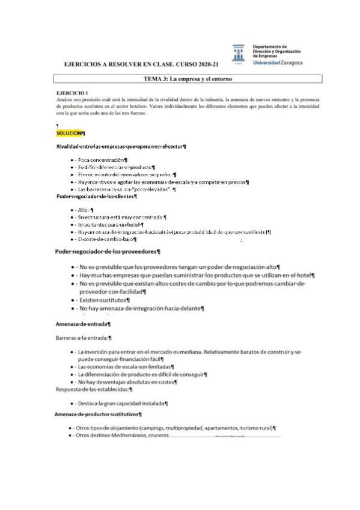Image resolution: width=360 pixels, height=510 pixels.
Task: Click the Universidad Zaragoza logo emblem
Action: (x=239, y=52)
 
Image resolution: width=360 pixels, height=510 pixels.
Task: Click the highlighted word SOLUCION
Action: (x=69, y=132)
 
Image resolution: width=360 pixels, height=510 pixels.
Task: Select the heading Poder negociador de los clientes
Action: (x=96, y=195)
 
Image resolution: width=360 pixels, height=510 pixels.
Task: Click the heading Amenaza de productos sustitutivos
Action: (x=98, y=414)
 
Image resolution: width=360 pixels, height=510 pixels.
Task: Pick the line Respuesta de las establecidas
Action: (x=94, y=389)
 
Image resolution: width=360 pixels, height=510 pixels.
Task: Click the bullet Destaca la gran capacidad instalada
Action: (x=122, y=403)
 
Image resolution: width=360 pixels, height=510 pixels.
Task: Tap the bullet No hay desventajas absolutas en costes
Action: (x=126, y=381)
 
